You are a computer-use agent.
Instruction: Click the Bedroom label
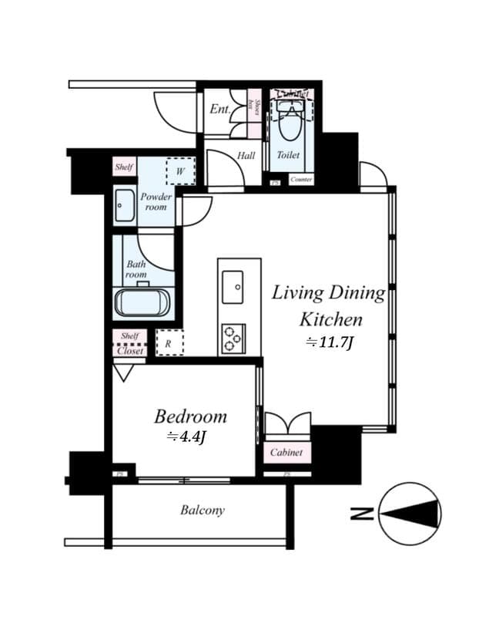coord(190,417)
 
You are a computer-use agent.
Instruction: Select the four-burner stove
coord(233,339)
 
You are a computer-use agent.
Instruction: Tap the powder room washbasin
coord(124,206)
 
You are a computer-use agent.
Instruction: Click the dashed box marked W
coord(179,171)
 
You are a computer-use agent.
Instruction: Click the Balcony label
coord(203,510)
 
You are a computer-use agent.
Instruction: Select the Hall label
coord(246,156)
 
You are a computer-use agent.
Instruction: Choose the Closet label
coord(130,350)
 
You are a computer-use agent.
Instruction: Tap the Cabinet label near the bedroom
coord(286,453)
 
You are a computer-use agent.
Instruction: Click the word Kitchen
coord(330,319)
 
